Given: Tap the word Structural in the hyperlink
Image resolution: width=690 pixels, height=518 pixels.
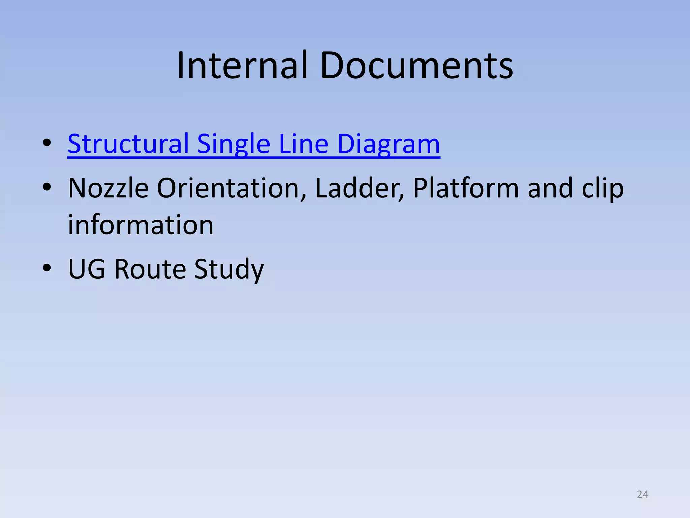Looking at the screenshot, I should tap(128, 144).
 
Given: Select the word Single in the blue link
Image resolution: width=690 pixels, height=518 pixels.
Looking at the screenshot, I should tap(233, 144).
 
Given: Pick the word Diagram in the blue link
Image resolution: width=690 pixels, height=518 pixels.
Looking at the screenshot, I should tap(388, 144).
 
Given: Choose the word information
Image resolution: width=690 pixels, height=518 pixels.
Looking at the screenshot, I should tap(140, 225).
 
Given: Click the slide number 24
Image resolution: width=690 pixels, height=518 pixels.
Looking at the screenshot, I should tap(642, 494).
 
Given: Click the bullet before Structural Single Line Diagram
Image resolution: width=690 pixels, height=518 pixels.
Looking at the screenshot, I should tap(47, 143).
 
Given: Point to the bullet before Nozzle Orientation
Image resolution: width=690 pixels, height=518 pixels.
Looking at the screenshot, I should tap(47, 187).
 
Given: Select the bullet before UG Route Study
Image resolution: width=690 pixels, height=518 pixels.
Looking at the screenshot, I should tap(47, 268).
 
